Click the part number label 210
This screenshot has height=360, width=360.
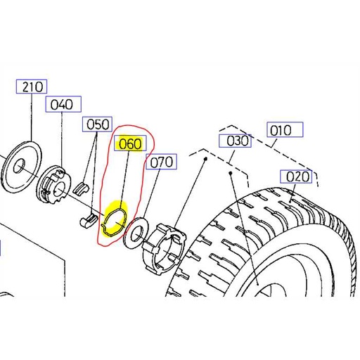click(33, 87)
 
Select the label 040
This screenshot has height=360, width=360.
click(60, 105)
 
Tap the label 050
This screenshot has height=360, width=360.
click(98, 124)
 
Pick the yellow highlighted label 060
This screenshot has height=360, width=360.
click(130, 145)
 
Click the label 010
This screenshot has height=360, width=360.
click(284, 130)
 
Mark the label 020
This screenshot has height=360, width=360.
click(297, 176)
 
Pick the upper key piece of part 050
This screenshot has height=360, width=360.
click(82, 187)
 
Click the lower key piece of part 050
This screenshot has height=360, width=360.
click(86, 220)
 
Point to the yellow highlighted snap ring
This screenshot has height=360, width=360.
click(114, 219)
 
